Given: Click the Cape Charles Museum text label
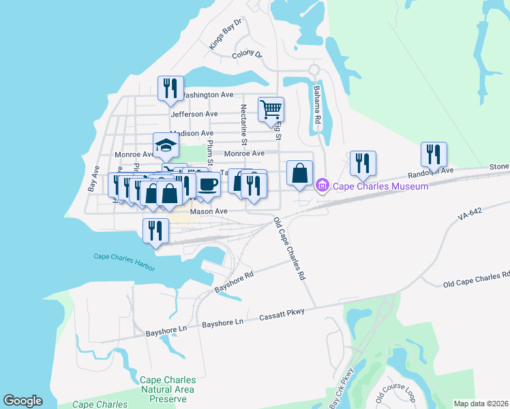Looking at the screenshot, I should click(380, 185).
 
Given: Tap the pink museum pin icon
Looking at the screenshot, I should click(322, 185).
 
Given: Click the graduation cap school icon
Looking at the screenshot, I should click(166, 145).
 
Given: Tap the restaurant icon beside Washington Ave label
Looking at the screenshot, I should click(170, 89).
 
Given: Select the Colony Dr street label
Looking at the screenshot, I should click(247, 54).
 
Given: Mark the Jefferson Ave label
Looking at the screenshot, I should click(194, 114).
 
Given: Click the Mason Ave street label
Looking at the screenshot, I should click(209, 212).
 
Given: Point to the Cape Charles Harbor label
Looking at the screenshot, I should click(124, 257).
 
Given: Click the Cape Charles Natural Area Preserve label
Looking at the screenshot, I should click(167, 384).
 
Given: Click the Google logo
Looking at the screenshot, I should click(22, 401).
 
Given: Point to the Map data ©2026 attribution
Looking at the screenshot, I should click(480, 404).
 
